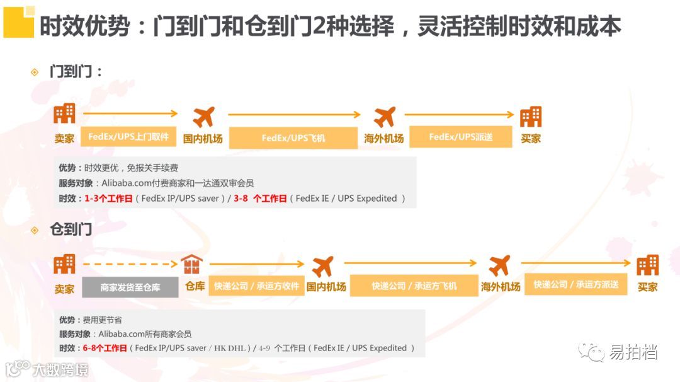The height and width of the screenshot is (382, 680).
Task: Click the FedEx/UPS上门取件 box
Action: coord(128,136)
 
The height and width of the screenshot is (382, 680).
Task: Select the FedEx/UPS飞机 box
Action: coord(293,137)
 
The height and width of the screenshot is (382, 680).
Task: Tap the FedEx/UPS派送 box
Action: coord(460,136)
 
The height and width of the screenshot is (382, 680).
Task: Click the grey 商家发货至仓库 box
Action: coord(130,287)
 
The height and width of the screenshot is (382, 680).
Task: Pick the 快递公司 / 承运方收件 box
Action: coord(256,286)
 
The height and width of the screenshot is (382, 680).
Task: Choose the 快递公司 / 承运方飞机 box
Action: coord(414,286)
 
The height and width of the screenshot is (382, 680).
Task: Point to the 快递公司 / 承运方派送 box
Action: coord(576,284)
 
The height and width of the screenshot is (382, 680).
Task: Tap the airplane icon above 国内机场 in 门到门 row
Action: coord(203,117)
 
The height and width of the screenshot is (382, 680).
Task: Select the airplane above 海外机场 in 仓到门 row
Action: coord(499,265)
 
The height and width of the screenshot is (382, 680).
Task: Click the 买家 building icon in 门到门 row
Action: coord(530,117)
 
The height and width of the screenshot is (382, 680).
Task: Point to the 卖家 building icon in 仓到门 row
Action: coord(64,265)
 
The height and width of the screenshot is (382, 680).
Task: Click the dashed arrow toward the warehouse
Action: coord(130,265)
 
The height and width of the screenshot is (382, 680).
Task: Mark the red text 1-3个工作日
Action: coord(108,199)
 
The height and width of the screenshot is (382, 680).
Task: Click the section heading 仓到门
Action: coord(71,229)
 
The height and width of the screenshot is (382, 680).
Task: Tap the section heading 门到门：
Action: coord(76,72)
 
